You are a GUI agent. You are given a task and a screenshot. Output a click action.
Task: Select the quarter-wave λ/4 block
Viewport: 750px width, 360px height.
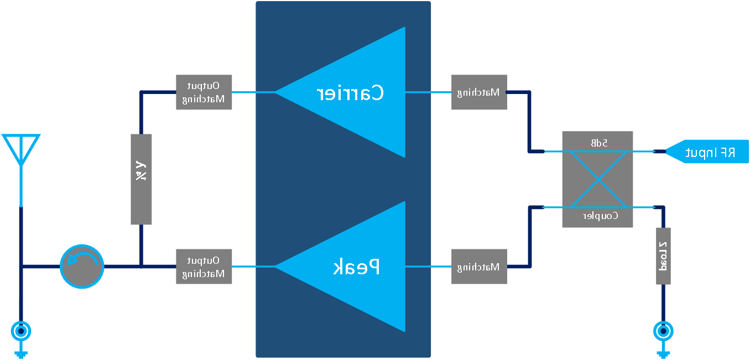(x=141, y=179)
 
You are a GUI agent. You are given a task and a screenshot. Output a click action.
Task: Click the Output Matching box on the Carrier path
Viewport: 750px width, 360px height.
(x=204, y=92)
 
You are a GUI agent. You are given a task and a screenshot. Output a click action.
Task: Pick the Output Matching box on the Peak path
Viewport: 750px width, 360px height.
(x=204, y=267)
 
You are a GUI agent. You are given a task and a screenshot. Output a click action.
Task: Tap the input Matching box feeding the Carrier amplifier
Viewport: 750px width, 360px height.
(x=479, y=92)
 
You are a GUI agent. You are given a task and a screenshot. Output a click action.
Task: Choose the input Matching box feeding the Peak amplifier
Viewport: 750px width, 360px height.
(x=479, y=267)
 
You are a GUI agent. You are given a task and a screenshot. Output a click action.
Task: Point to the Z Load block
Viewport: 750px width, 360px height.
(x=663, y=256)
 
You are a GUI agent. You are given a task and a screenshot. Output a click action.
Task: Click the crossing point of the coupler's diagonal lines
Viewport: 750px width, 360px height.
(x=597, y=179)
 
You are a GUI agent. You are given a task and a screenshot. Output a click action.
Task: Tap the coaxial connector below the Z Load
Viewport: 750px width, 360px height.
(x=663, y=332)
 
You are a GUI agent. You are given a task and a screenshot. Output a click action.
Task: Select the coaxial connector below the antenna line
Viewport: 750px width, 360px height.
(x=21, y=332)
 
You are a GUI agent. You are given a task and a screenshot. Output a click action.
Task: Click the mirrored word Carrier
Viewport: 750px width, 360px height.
(x=350, y=93)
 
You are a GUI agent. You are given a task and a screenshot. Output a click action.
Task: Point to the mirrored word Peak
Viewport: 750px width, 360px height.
(x=357, y=267)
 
